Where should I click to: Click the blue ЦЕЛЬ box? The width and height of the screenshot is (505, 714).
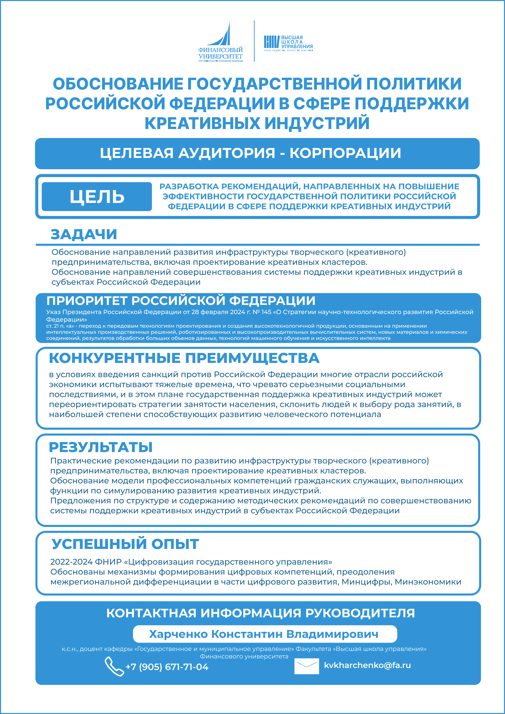point(97,197)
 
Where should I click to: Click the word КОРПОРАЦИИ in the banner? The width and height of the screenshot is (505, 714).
point(345,153)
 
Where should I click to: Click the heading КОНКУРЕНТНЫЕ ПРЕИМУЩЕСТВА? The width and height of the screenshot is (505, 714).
point(184,358)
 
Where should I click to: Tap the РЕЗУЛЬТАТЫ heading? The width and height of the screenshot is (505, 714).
point(101,447)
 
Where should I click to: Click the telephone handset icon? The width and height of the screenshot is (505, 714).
point(114,666)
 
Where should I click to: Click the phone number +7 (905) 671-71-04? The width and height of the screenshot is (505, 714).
point(167,667)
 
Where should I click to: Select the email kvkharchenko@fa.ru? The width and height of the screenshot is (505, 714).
point(367,665)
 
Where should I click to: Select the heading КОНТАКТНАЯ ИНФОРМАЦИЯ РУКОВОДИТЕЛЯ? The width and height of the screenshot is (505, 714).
point(260,613)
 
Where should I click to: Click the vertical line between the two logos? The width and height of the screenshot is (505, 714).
point(254,41)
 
